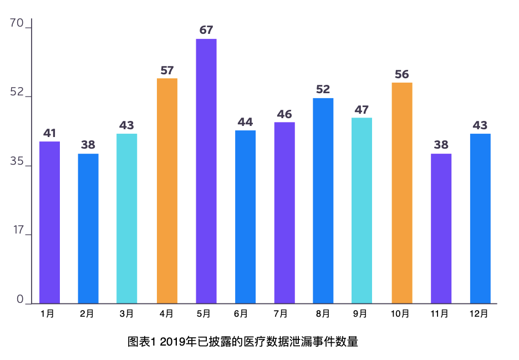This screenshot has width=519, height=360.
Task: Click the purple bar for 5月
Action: pyautogui.click(x=206, y=171)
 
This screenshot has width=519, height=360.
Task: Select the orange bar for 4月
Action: pyautogui.click(x=167, y=191)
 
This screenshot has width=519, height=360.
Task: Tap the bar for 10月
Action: pyautogui.click(x=402, y=192)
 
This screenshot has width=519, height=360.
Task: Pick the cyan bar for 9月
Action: pyautogui.click(x=362, y=210)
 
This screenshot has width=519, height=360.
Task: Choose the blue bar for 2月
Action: pyautogui.click(x=88, y=229)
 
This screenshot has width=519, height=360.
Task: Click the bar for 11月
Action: pyautogui.click(x=441, y=229)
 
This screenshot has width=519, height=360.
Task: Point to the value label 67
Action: pyautogui.click(x=206, y=30)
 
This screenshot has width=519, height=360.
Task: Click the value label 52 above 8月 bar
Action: pyautogui.click(x=323, y=89)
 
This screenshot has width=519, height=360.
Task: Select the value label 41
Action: pyautogui.click(x=50, y=133)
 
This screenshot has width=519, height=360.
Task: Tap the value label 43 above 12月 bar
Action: pyautogui.click(x=480, y=125)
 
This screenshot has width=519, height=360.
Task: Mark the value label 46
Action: pyautogui.click(x=284, y=114)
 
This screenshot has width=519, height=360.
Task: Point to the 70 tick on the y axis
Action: pyautogui.click(x=17, y=23)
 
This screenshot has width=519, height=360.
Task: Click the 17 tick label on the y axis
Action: pyautogui.click(x=18, y=230)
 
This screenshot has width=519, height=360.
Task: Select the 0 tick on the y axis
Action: pyautogui.click(x=20, y=299)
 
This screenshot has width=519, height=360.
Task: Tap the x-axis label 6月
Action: pyautogui.click(x=241, y=313)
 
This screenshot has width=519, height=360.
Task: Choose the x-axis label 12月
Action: pyautogui.click(x=479, y=313)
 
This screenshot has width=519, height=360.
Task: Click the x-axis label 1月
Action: pyautogui.click(x=47, y=313)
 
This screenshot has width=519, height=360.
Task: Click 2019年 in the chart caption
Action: pyautogui.click(x=178, y=342)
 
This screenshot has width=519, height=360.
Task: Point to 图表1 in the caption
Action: pyautogui.click(x=141, y=342)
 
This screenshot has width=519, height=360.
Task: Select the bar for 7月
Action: pyautogui.click(x=284, y=212)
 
